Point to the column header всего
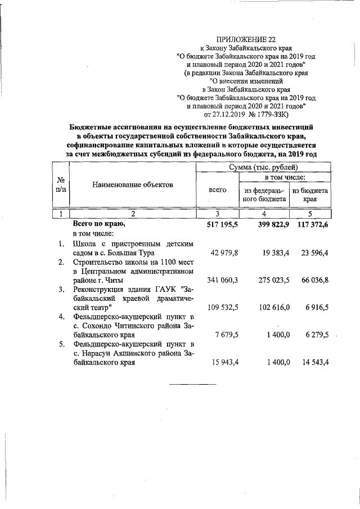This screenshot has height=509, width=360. coord(217,190)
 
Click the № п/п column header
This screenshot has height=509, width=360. coord(60,184)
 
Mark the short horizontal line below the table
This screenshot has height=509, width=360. coord(193,385)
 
